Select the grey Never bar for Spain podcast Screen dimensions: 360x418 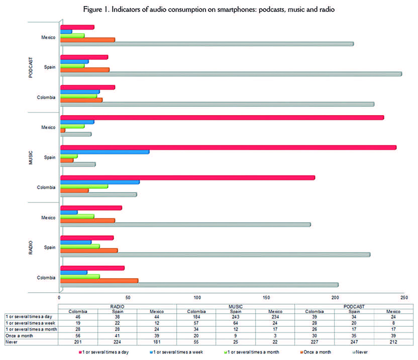point(231,74)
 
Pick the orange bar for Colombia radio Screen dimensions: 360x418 point(99,281)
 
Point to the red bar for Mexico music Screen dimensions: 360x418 point(222,118)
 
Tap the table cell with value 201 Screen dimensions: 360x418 point(79,342)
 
